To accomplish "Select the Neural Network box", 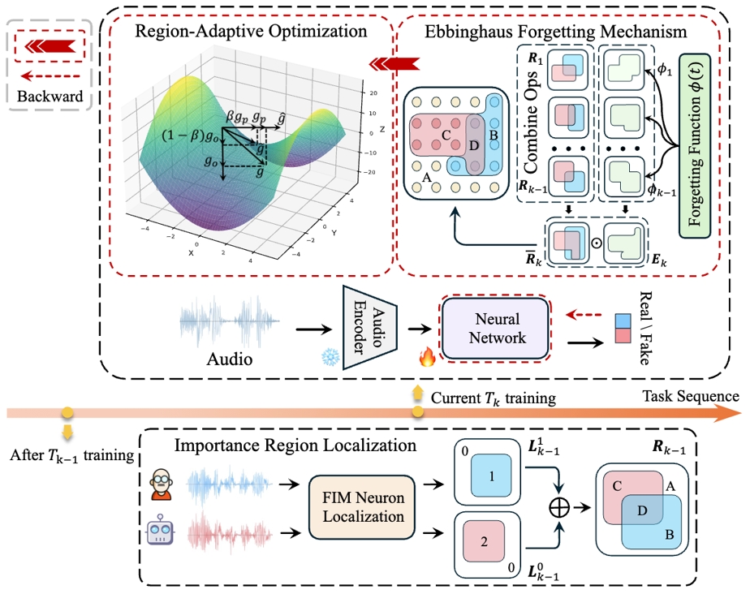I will coord(498,327).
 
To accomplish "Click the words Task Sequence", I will coord(691,397).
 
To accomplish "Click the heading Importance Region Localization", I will coord(294,445).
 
